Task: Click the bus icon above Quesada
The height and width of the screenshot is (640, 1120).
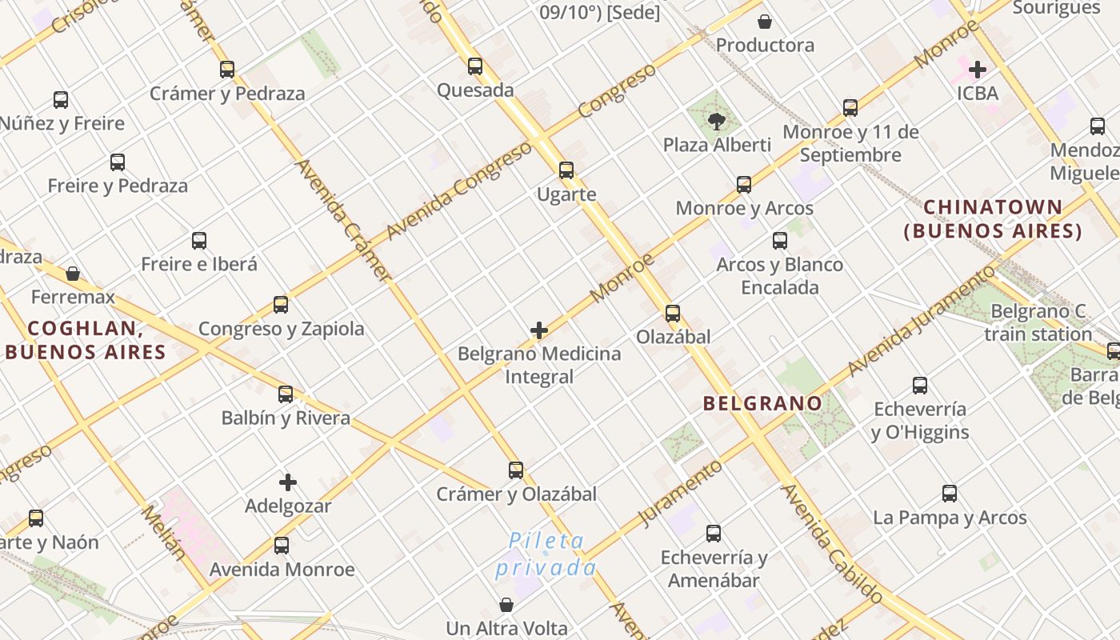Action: pyautogui.click(x=475, y=66)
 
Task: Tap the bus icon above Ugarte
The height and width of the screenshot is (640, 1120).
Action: pyautogui.click(x=566, y=170)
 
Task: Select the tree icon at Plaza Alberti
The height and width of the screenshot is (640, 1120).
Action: pyautogui.click(x=717, y=122)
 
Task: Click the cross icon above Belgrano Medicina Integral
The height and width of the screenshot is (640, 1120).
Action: pyautogui.click(x=539, y=330)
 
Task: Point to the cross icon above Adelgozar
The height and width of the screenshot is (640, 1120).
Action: pyautogui.click(x=288, y=482)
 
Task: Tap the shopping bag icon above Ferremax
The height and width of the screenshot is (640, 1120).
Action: pyautogui.click(x=73, y=274)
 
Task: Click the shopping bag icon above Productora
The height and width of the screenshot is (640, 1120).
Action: pyautogui.click(x=765, y=22)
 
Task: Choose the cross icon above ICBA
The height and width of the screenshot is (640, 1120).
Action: pyautogui.click(x=978, y=70)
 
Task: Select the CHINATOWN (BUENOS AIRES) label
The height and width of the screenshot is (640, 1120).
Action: pyautogui.click(x=993, y=219)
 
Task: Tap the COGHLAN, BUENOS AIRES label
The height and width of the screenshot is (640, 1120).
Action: pyautogui.click(x=86, y=340)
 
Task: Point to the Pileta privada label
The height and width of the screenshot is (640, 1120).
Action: pyautogui.click(x=546, y=554)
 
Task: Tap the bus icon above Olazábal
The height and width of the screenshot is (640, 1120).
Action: pyautogui.click(x=673, y=313)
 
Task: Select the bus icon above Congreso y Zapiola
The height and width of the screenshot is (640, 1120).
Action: pyautogui.click(x=281, y=305)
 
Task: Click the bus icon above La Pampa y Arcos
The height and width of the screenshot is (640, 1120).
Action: pyautogui.click(x=950, y=494)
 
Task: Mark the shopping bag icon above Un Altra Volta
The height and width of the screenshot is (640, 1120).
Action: pyautogui.click(x=506, y=605)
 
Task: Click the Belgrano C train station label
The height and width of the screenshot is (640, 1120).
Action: pyautogui.click(x=1038, y=322)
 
